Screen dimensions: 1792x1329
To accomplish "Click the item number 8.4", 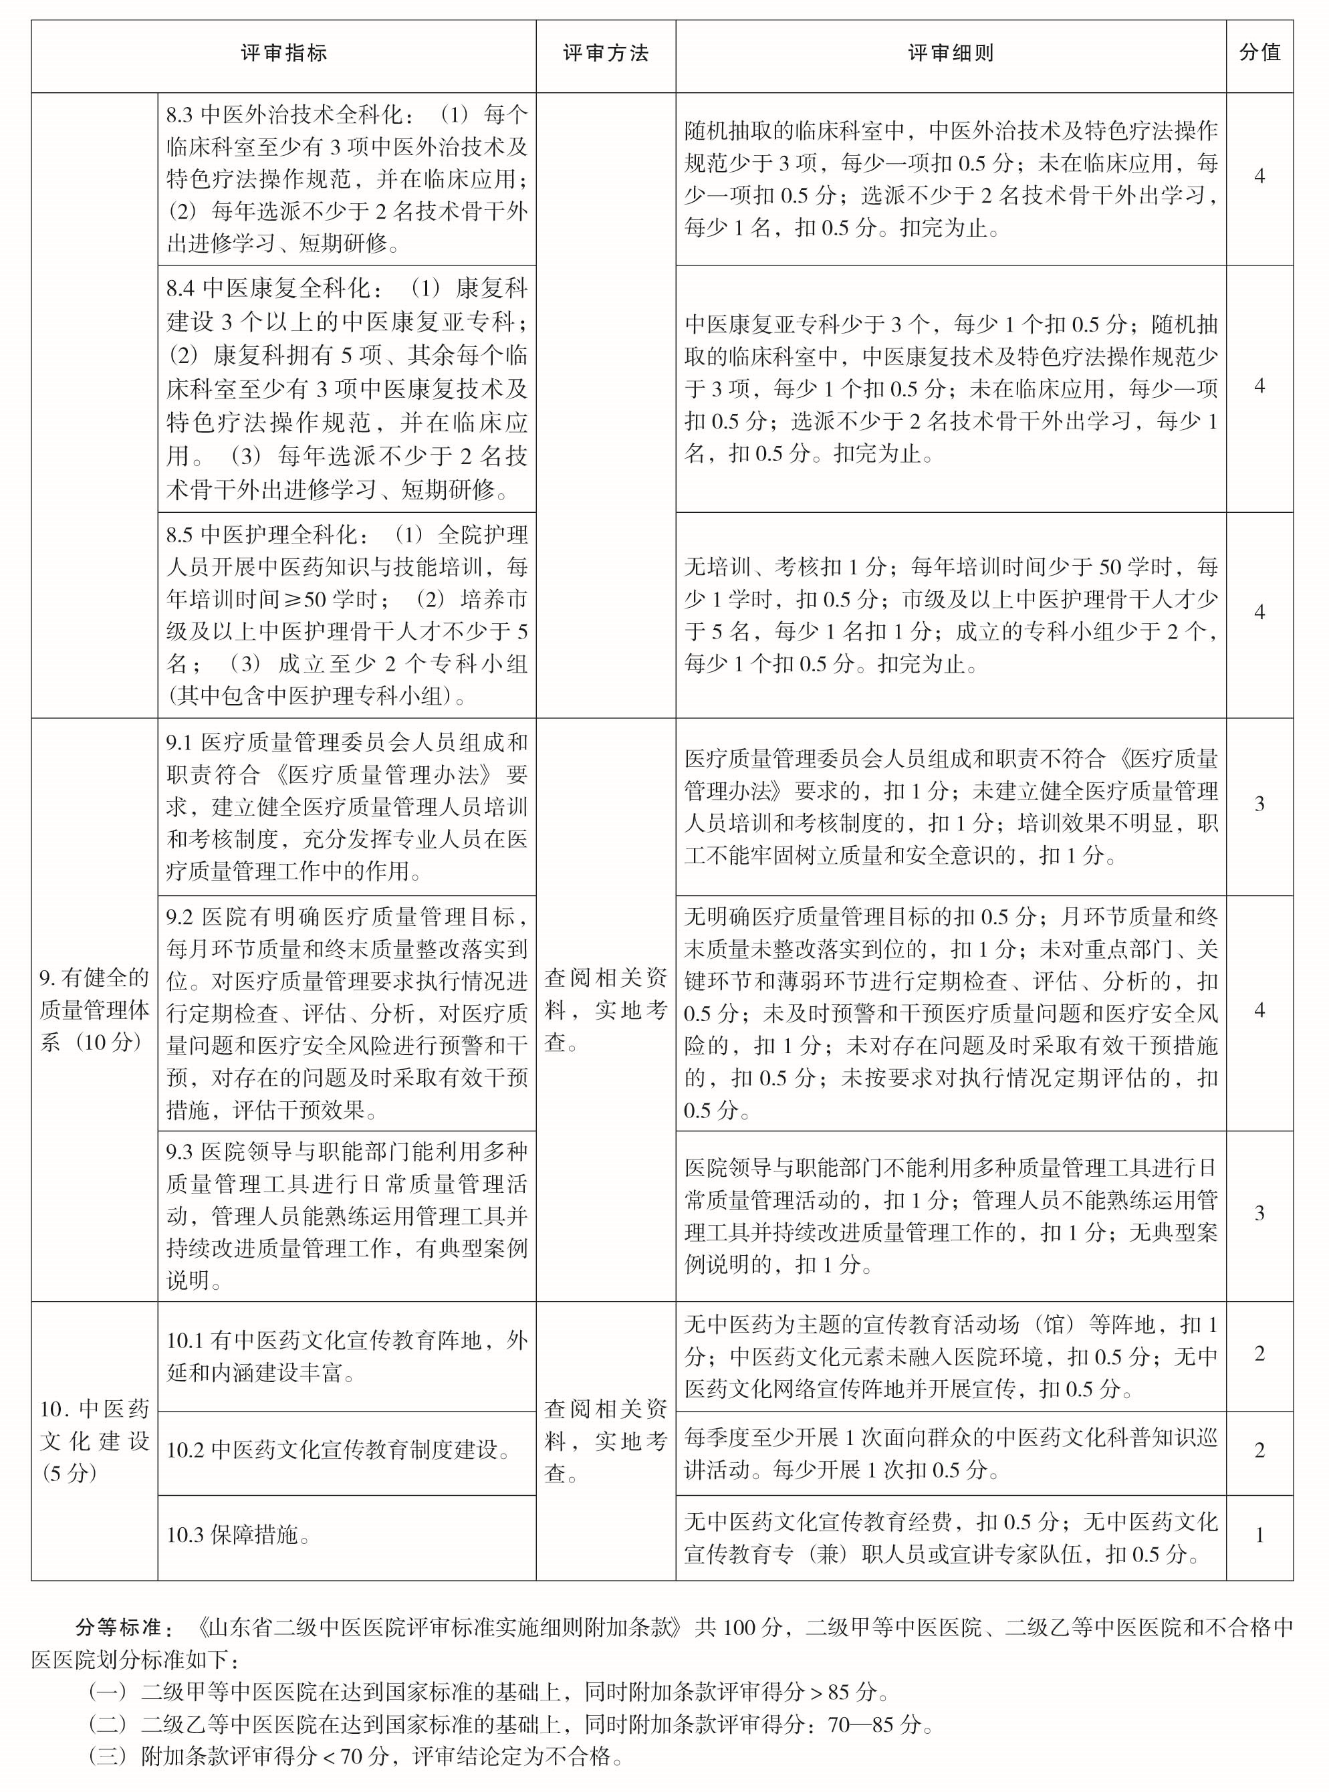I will [x=182, y=288].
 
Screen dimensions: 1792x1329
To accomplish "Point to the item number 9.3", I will [x=180, y=1151].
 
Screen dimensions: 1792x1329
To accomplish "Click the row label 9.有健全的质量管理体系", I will [x=94, y=1010].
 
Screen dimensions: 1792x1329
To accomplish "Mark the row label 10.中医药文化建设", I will [x=94, y=1440].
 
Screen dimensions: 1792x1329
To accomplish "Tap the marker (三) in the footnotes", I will [x=108, y=1756].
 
